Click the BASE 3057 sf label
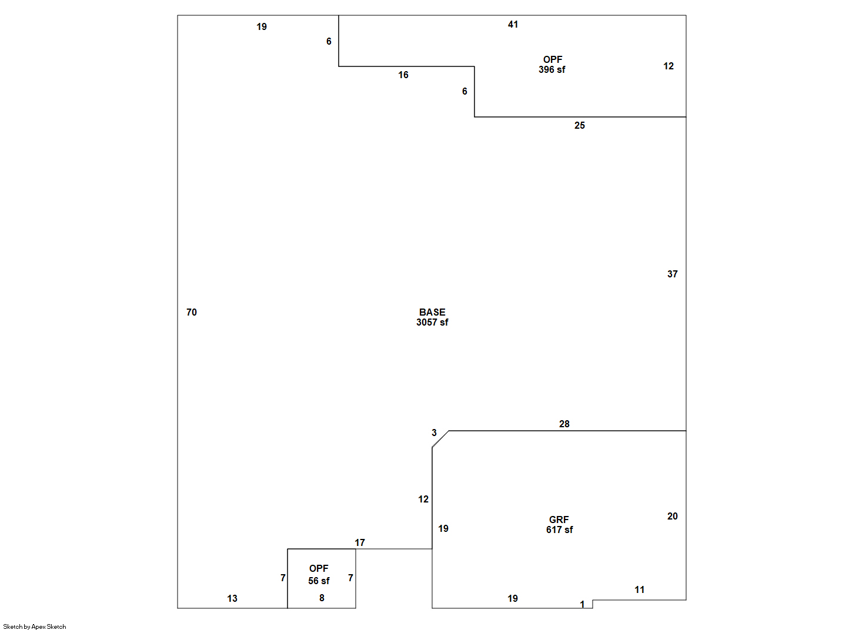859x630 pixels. pos(432,317)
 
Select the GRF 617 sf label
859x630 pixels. pos(559,524)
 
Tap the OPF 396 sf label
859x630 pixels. pos(552,65)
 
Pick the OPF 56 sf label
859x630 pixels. pos(319,574)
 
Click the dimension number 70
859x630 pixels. pos(192,312)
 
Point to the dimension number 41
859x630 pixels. pos(513,25)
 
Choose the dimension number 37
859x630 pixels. pos(672,274)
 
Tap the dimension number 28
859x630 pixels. pos(564,424)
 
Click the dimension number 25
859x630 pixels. pos(580,125)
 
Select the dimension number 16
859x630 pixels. pos(403,75)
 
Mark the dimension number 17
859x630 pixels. pos(360,542)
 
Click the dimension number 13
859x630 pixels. pos(232,598)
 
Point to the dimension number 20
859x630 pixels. pos(672,516)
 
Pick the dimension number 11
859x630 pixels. pos(639,590)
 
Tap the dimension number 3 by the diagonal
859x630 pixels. pos(434,433)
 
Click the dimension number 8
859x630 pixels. pos(322,598)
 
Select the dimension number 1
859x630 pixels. pos(582,604)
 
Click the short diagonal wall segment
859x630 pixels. pos(440,439)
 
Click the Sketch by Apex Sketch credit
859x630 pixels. pos(35,626)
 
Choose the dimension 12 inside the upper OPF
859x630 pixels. pos(669,66)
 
